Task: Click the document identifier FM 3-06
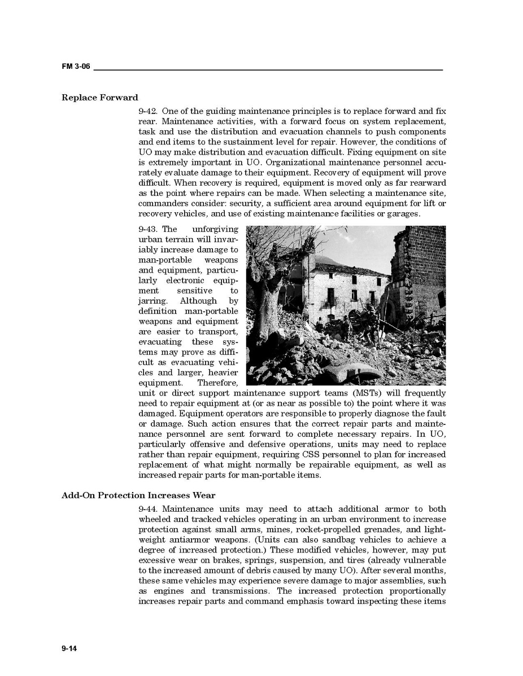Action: (76, 67)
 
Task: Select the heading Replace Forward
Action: (99, 98)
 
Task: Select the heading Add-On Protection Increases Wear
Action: (138, 495)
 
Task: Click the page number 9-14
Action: (69, 648)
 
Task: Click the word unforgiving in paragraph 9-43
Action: (215, 229)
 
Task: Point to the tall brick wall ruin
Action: (419, 265)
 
